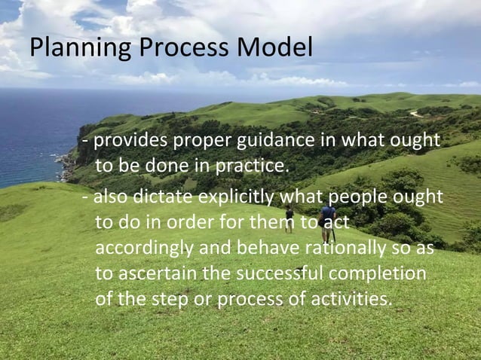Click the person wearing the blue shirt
327,218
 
